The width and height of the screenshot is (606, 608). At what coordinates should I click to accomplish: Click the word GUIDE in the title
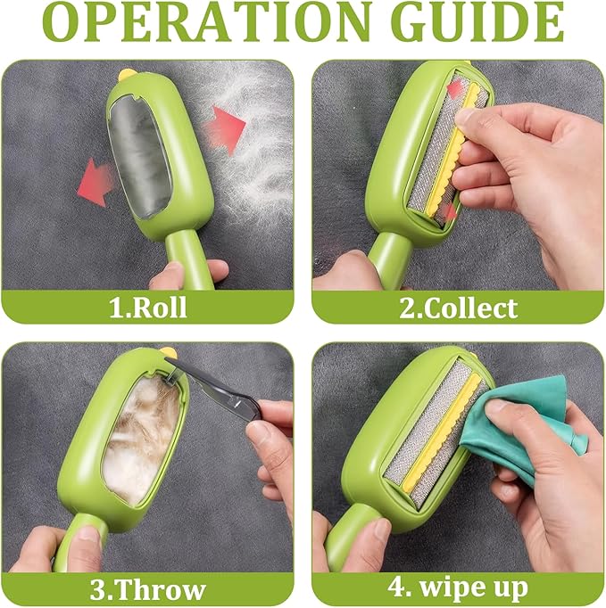[472, 24]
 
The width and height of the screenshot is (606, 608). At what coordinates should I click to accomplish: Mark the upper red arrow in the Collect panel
[454, 89]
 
